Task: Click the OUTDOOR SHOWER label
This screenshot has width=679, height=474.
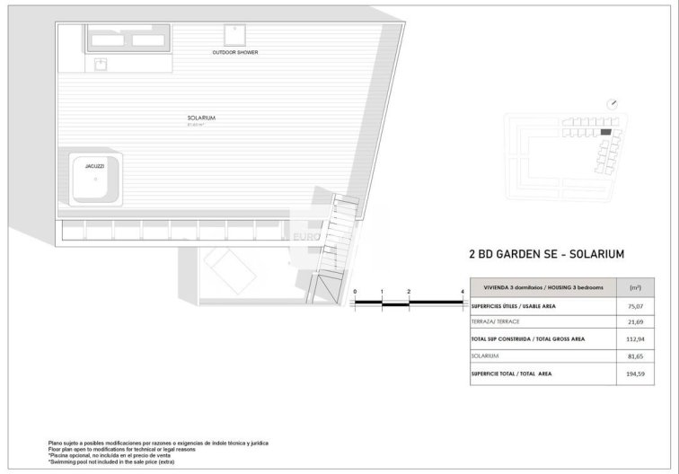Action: click(x=235, y=53)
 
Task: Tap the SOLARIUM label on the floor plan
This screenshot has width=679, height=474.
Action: click(x=201, y=118)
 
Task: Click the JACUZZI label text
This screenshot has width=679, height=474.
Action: click(x=95, y=167)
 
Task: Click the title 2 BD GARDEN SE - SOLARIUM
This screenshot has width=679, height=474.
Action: click(x=546, y=254)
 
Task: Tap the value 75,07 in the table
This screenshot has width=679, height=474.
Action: click(x=635, y=305)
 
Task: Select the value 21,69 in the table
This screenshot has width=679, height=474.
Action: click(x=635, y=321)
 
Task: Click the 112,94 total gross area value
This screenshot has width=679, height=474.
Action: click(x=635, y=339)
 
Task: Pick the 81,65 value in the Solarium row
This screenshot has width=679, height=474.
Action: click(x=635, y=355)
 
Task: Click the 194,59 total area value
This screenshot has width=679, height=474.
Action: click(x=635, y=373)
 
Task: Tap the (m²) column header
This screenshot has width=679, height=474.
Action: click(x=635, y=287)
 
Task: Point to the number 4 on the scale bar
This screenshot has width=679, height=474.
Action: click(x=462, y=293)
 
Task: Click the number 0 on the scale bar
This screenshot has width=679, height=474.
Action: click(x=355, y=293)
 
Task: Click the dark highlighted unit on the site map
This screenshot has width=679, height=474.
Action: click(x=605, y=132)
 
